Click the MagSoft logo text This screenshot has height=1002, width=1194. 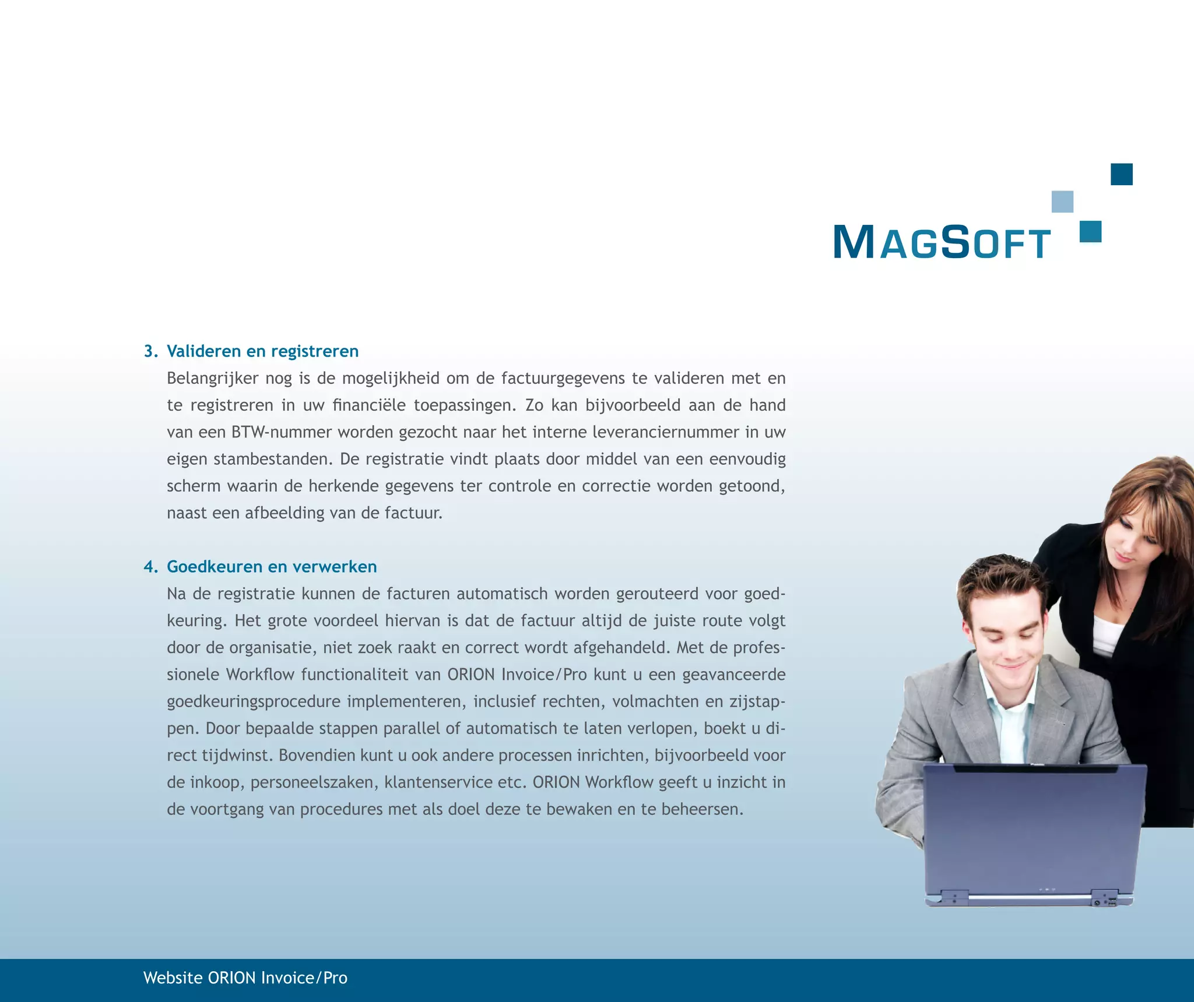click(942, 242)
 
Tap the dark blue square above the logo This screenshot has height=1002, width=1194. click(1121, 174)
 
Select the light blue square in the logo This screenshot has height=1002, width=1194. click(1062, 202)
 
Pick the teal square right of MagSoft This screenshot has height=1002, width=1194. click(1090, 231)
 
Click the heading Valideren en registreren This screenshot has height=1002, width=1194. click(262, 351)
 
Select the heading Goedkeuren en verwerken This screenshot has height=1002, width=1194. click(272, 567)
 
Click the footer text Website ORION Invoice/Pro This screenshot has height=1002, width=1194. click(245, 978)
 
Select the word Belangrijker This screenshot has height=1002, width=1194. click(212, 379)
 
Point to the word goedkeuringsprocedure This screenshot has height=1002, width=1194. click(254, 701)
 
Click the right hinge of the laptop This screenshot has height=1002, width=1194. click(1103, 898)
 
